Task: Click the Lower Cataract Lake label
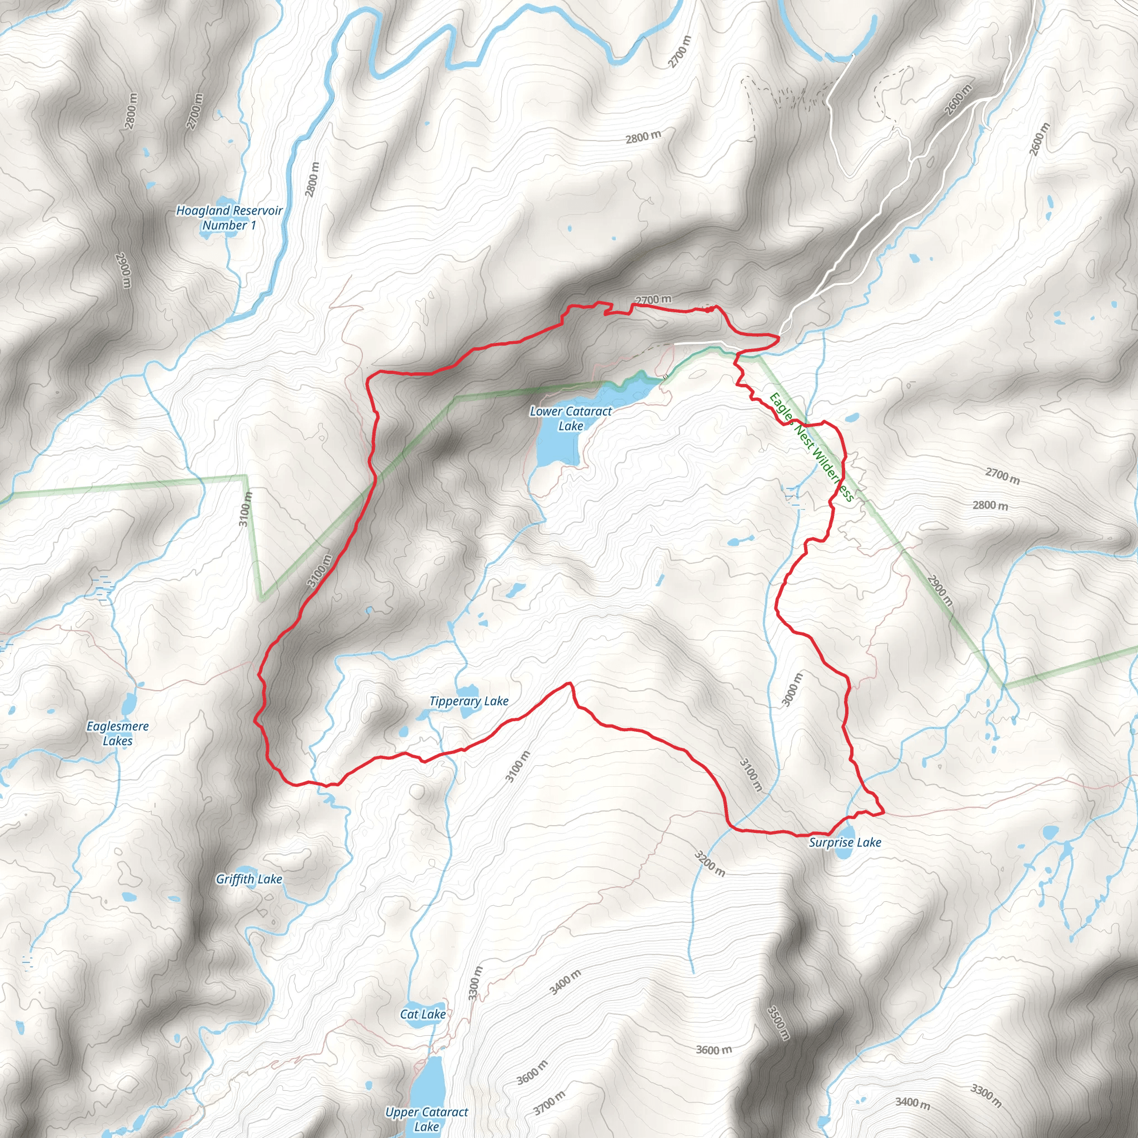point(570,418)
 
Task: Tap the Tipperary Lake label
point(469,701)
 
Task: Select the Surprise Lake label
point(845,842)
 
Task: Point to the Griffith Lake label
point(249,880)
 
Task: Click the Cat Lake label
point(423,1014)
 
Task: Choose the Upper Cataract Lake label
point(426,1119)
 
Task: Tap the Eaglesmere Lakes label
point(118,733)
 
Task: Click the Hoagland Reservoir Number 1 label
point(229,217)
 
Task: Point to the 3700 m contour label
point(549,1102)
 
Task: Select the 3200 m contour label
point(709,864)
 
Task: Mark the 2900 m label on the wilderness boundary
point(940,590)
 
